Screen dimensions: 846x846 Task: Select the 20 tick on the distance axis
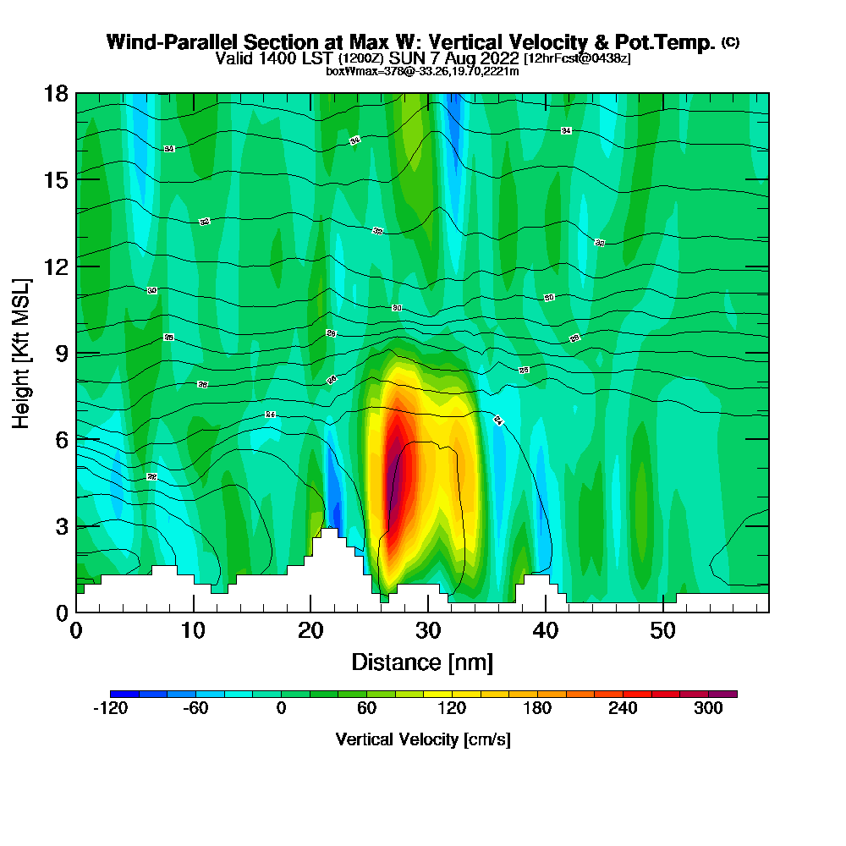(311, 630)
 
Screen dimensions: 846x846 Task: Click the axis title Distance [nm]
(422, 662)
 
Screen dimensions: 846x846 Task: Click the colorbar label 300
(709, 709)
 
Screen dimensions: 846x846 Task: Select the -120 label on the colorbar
(109, 709)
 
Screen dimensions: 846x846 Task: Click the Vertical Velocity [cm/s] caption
(423, 739)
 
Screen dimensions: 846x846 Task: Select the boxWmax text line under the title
(422, 71)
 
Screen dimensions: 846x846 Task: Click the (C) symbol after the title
(731, 42)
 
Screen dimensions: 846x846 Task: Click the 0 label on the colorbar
(281, 709)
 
